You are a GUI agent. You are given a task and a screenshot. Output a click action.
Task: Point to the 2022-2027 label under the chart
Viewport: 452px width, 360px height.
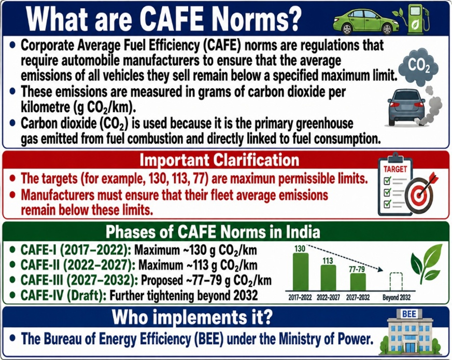click(328, 298)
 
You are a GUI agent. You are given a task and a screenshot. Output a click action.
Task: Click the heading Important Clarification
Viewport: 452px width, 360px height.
click(223, 159)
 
